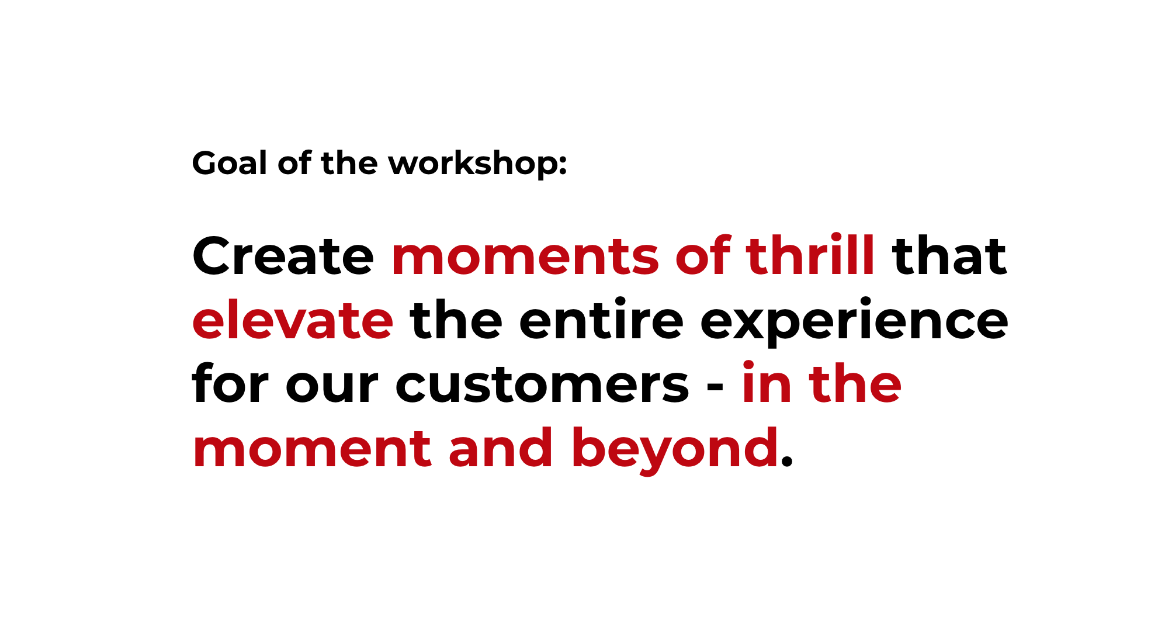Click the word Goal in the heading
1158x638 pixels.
(x=230, y=163)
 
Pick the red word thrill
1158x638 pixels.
(x=810, y=255)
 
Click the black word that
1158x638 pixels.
(x=949, y=256)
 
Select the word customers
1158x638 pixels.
(x=542, y=384)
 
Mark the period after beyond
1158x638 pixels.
(x=787, y=462)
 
